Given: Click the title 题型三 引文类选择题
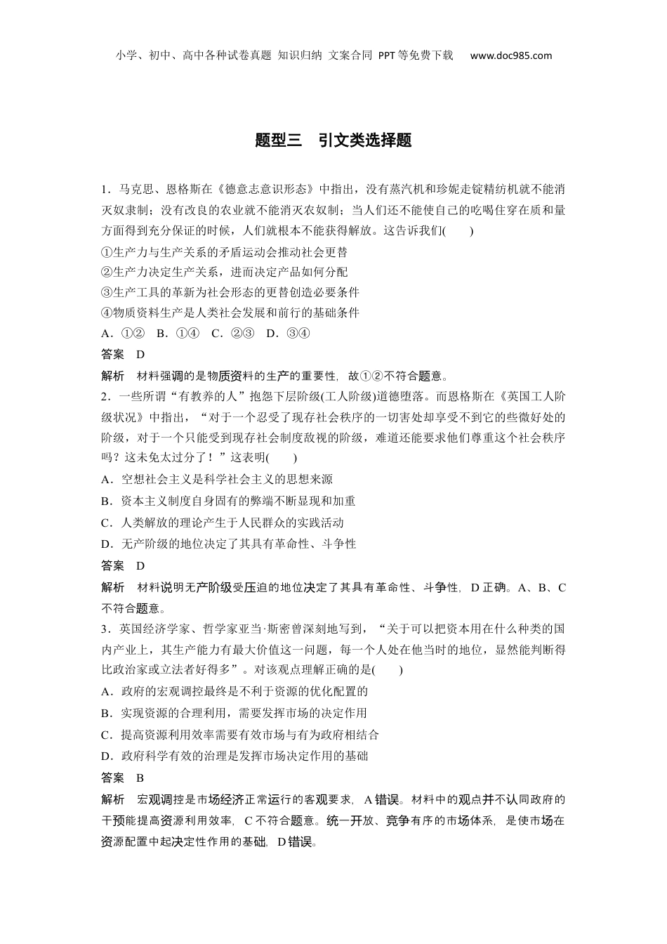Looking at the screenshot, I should point(333,140).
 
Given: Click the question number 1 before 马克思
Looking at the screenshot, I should point(104,190).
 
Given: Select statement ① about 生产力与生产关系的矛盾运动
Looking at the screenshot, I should point(224,251).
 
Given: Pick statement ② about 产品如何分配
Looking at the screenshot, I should point(224,272).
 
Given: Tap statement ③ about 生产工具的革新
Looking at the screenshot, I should point(230,292).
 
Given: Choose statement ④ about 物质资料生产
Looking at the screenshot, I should point(230,313).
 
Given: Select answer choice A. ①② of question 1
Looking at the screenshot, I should point(123,334).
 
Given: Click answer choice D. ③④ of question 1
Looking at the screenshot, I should point(288,334).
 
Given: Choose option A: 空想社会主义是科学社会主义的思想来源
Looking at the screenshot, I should point(216,480).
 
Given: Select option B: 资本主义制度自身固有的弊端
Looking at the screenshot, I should point(228,501).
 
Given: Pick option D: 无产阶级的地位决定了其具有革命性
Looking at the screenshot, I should point(228,544).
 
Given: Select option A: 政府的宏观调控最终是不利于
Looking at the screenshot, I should point(234,692).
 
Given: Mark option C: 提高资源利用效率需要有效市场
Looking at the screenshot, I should point(239,735).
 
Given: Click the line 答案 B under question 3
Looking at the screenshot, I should point(123,778).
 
